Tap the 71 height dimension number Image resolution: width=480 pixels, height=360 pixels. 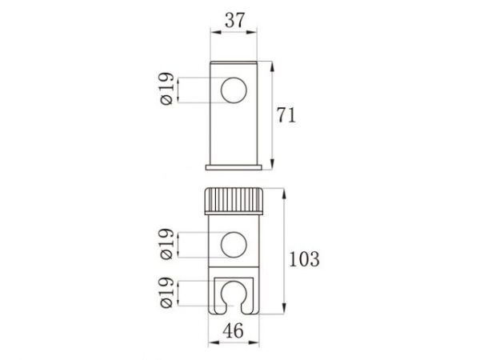click(x=287, y=114)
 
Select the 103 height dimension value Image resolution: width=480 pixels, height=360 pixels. click(x=306, y=258)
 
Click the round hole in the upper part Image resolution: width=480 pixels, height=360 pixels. click(x=234, y=90)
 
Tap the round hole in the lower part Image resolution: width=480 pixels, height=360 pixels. click(x=234, y=243)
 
